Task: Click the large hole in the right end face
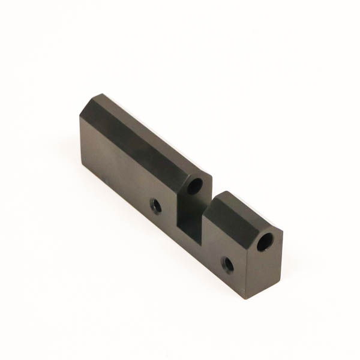tap(265, 242)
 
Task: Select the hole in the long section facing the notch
tap(194, 186)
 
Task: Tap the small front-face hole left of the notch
tap(156, 206)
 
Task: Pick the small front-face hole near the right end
tap(227, 263)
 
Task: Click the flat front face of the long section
tap(120, 174)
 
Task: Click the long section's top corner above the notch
tap(211, 173)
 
